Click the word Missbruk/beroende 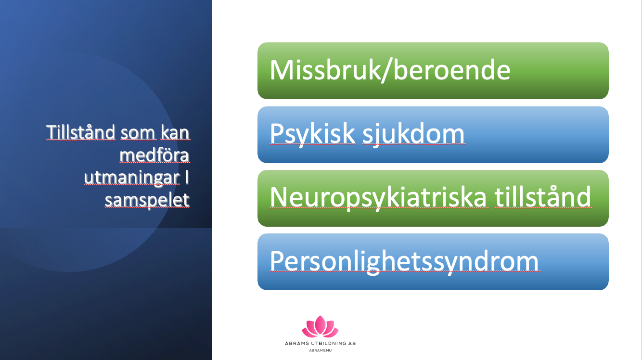coord(390,71)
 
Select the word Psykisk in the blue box coord(313,134)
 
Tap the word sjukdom coord(413,134)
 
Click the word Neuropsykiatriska coord(378,198)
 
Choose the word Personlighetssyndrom coord(404,261)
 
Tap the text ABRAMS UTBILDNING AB coord(320,343)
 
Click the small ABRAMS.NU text coord(320,350)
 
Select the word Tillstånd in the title coord(80,132)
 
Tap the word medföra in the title coord(154,155)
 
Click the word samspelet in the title coord(147,200)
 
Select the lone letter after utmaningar coord(187,177)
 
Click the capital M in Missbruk coord(282,70)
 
